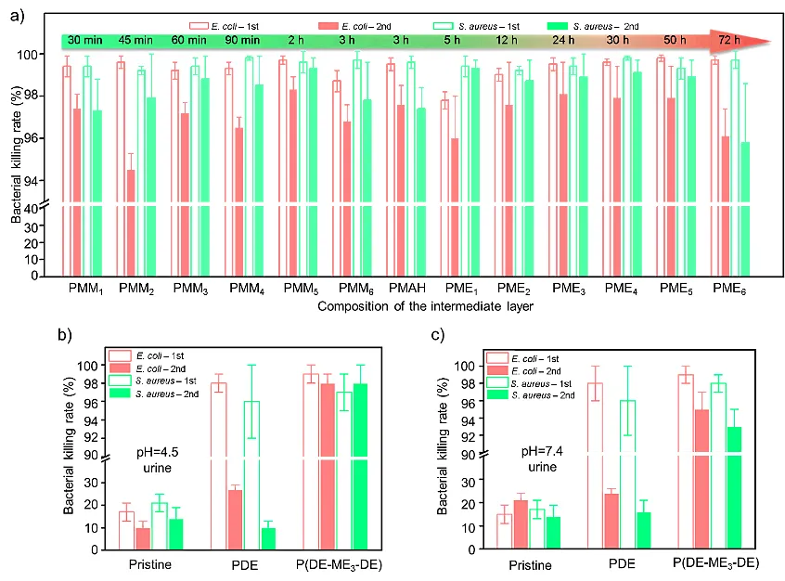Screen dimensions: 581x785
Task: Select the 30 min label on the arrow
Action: [x=84, y=41]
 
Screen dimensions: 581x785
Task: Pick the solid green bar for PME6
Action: [x=745, y=209]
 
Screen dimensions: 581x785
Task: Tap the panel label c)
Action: [x=412, y=335]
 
